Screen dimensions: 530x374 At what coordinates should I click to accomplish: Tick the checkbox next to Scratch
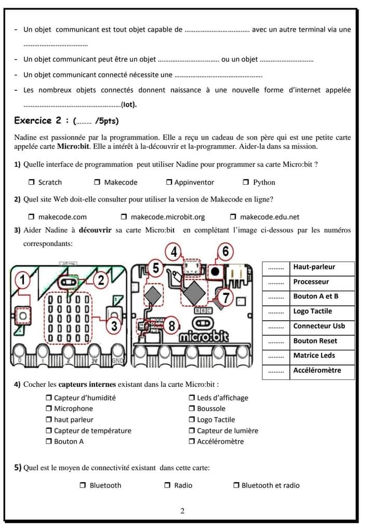click(x=32, y=182)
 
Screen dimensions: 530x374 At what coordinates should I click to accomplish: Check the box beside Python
click(x=246, y=182)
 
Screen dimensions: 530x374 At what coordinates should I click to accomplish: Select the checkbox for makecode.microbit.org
click(x=124, y=217)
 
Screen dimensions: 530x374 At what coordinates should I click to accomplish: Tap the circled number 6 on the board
click(x=225, y=252)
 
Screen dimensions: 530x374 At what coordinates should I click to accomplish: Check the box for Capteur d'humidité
click(x=49, y=398)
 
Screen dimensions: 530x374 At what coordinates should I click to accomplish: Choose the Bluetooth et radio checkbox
click(x=236, y=486)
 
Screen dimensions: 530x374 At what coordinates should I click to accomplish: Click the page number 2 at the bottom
click(x=182, y=511)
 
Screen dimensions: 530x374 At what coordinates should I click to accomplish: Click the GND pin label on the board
click(x=118, y=361)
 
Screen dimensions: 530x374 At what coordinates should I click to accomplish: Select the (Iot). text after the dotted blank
click(x=128, y=105)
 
